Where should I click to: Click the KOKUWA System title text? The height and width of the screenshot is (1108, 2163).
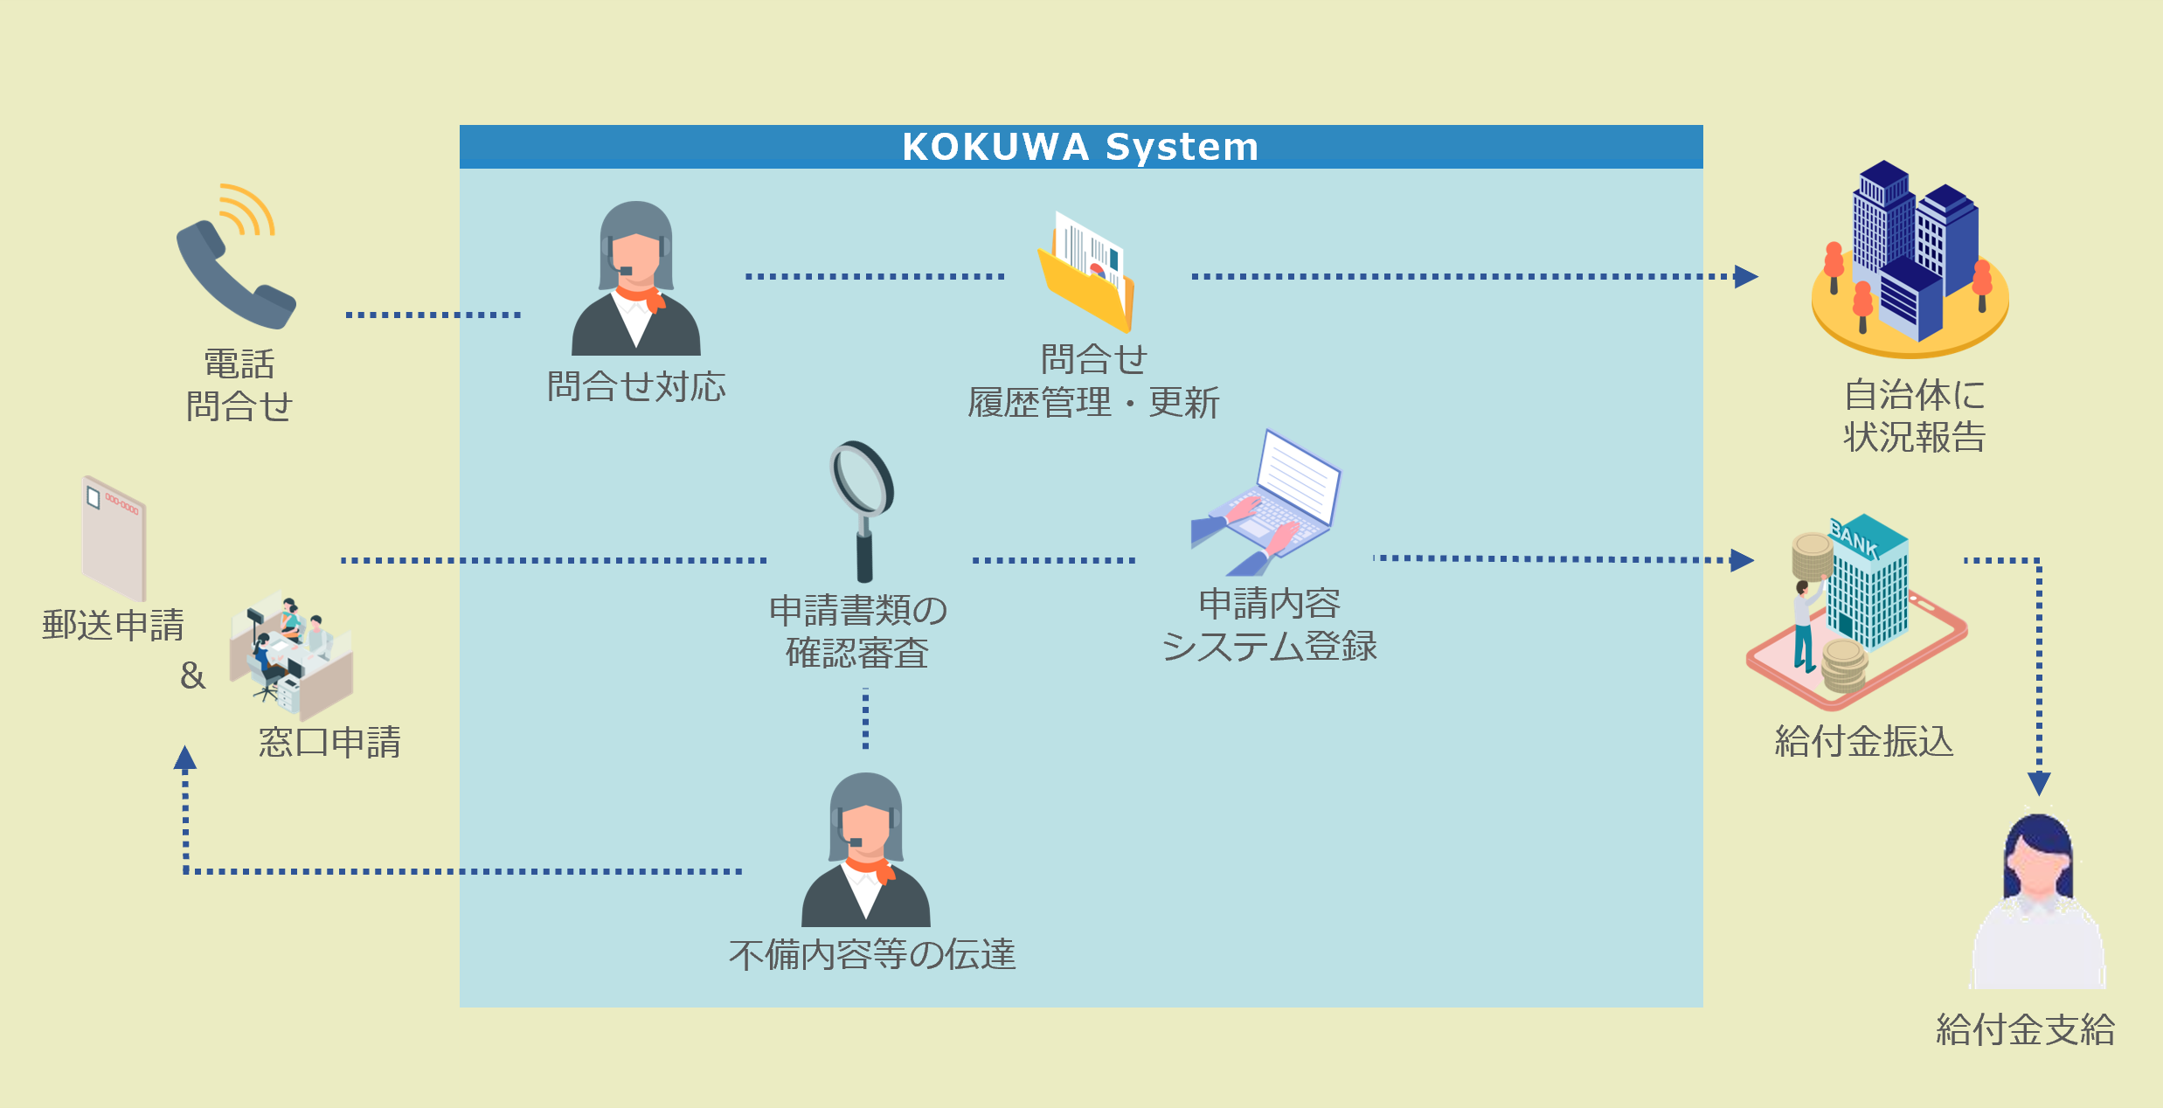1080,147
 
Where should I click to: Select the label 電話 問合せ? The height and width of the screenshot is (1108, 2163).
239,385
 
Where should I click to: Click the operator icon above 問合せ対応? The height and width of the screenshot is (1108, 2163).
636,280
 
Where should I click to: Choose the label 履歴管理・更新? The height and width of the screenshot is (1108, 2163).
1092,403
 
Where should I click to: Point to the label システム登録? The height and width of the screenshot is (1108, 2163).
1269,647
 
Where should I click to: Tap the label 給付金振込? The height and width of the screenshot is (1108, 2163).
1863,742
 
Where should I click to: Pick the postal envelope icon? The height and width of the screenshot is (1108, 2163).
114,537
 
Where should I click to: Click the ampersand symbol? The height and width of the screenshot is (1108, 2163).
192,675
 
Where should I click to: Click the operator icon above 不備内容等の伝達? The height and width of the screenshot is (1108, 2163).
866,851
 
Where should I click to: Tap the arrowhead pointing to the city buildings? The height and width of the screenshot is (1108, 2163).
1745,276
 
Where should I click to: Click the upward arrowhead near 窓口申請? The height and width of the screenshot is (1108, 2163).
184,758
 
